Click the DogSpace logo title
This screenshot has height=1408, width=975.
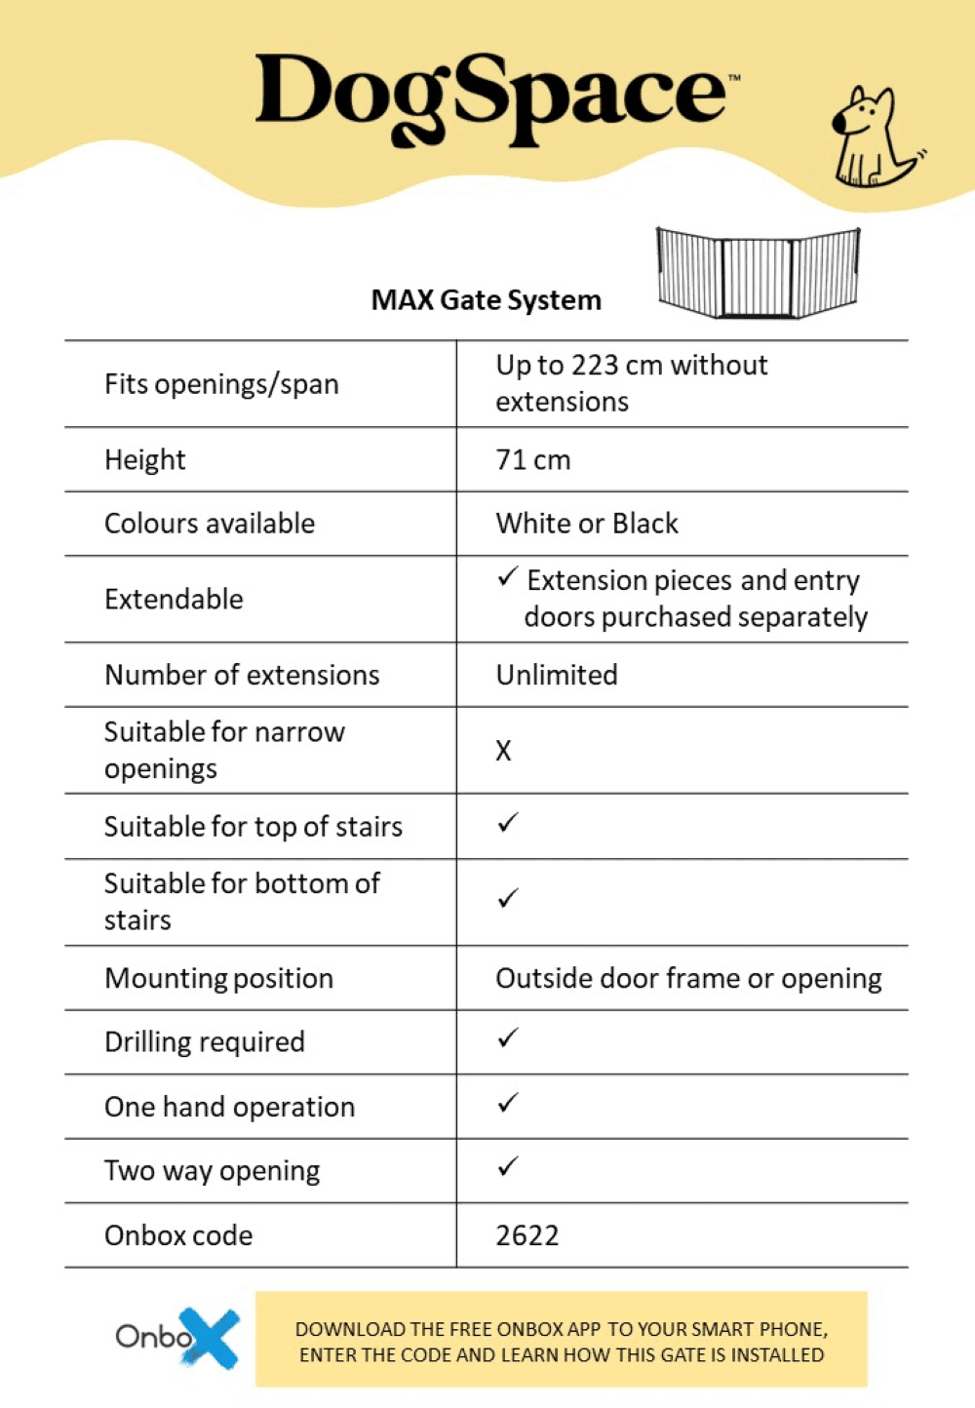(x=492, y=98)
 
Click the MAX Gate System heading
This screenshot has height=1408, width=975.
(x=486, y=300)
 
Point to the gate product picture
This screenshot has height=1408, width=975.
(x=759, y=273)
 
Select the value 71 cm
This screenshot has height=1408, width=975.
(x=533, y=459)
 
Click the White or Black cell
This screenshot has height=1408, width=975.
(x=587, y=524)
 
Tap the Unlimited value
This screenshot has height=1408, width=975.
(x=557, y=675)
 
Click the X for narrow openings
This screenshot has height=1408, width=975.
(x=503, y=751)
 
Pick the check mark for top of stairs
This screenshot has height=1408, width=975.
(x=508, y=824)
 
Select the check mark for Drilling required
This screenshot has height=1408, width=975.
(x=508, y=1038)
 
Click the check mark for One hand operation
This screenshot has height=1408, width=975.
(x=508, y=1104)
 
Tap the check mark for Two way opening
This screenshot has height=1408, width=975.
(x=508, y=1167)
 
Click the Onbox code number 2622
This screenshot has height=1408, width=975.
(x=527, y=1235)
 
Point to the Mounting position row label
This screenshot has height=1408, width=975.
(x=219, y=978)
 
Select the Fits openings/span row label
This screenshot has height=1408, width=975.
(x=221, y=384)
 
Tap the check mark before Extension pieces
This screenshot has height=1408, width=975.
(x=507, y=577)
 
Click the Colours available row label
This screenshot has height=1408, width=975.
(x=210, y=524)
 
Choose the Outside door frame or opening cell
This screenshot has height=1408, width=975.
(x=688, y=978)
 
